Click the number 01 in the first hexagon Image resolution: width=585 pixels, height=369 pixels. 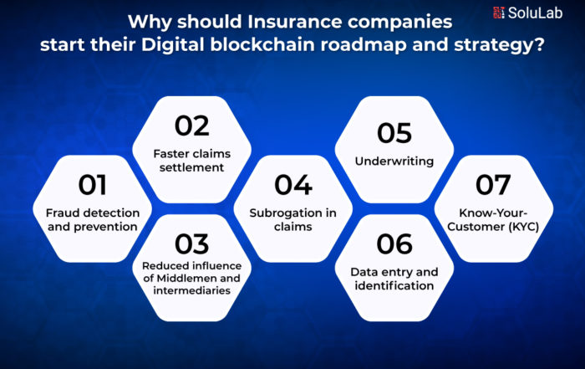tap(92, 185)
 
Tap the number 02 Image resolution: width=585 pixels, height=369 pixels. tap(191, 126)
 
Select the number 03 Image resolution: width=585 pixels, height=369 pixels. tap(191, 244)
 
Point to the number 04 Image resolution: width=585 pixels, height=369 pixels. tap(293, 185)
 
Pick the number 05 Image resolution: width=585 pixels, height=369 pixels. tap(394, 133)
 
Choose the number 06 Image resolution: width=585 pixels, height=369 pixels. tap(394, 244)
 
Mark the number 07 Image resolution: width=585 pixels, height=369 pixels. tap(493, 185)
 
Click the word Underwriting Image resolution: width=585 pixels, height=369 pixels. tap(394, 161)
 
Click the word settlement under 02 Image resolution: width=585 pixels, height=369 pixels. tap(191, 167)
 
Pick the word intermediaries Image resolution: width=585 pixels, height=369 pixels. tap(191, 290)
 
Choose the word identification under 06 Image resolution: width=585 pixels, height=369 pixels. tap(394, 285)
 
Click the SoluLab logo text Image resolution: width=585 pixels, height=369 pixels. tap(535, 13)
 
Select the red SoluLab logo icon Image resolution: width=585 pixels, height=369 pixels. tap(498, 13)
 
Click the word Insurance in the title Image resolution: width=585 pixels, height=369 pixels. tap(294, 22)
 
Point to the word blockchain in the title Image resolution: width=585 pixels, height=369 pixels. tap(262, 45)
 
